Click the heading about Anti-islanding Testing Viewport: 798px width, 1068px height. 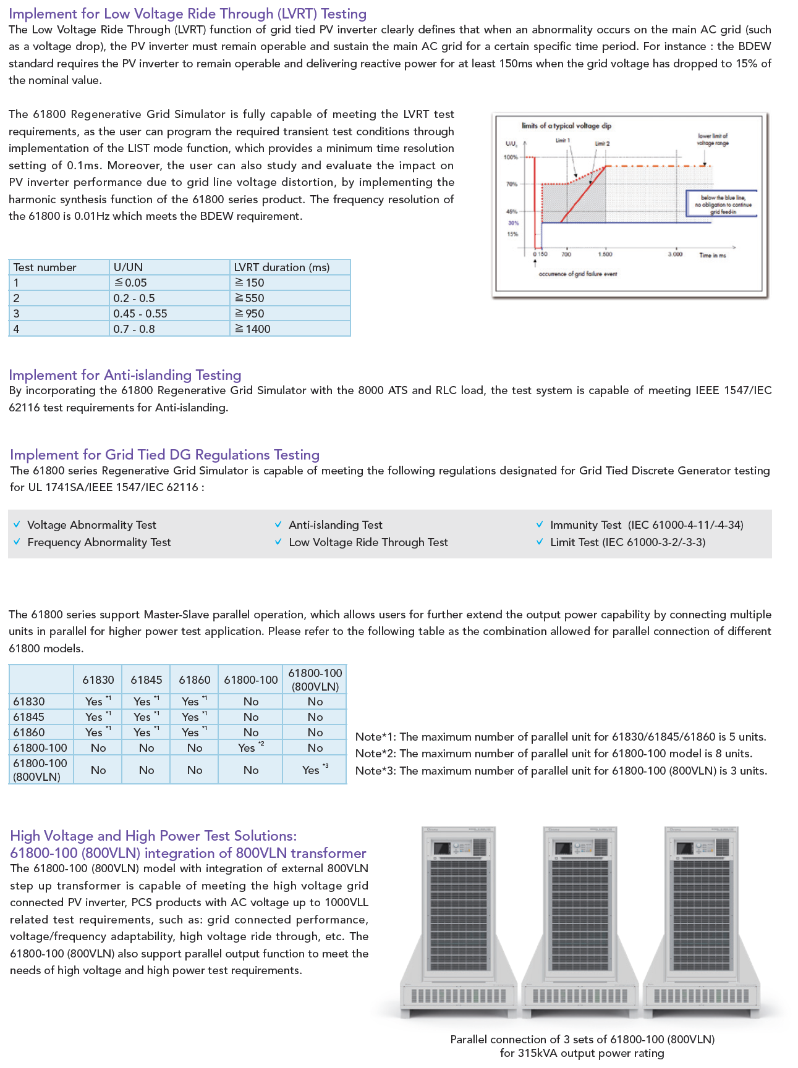125,375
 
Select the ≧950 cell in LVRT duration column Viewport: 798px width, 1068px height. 249,313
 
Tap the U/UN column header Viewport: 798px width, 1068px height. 128,267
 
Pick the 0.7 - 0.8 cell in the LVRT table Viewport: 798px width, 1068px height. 134,329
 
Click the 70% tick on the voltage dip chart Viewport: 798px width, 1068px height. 512,184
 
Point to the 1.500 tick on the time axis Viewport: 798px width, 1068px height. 605,254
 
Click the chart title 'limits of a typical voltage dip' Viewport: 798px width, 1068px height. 566,126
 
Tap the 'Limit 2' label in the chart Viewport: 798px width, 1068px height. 602,143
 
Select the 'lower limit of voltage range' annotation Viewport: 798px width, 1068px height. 713,139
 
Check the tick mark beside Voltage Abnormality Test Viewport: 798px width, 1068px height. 17,524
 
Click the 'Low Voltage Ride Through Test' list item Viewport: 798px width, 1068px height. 368,542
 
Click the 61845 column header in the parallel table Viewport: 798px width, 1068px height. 146,679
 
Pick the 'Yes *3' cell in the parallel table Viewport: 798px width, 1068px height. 315,770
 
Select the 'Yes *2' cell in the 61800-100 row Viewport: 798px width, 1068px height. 250,747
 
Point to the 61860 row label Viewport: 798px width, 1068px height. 29,732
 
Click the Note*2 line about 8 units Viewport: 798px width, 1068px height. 554,754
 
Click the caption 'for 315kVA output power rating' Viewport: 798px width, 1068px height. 582,1053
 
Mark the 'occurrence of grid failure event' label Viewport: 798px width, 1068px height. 577,274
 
